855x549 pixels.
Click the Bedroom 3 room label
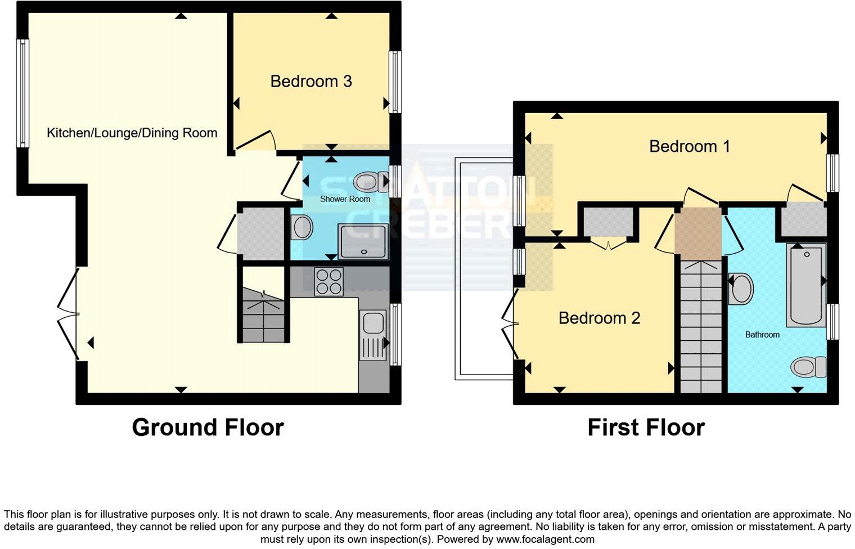[x=311, y=82]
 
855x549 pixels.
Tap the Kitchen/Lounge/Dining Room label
[x=132, y=133]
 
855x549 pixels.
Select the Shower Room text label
[x=345, y=199]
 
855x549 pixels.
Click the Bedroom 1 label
[x=690, y=147]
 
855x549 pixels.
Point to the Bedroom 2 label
[x=599, y=318]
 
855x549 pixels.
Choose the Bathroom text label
[x=762, y=335]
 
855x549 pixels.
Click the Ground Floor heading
[x=208, y=427]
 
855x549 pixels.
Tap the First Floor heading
[x=646, y=427]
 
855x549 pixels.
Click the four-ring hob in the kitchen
[x=329, y=281]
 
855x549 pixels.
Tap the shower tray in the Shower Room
[x=363, y=242]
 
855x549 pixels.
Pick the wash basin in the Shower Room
[x=301, y=228]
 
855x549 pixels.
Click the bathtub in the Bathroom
[x=805, y=285]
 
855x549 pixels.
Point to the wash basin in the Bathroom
[x=741, y=289]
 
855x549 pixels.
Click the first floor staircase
[x=701, y=326]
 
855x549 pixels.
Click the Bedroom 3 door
[x=256, y=141]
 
